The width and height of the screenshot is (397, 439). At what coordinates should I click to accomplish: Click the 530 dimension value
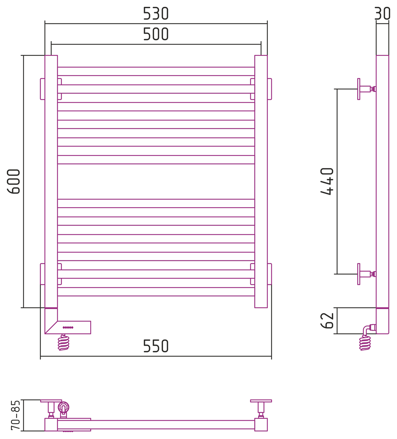[156, 14]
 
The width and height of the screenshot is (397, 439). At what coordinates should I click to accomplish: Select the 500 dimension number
[156, 34]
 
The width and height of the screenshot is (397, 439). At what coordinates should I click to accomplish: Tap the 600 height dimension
[14, 181]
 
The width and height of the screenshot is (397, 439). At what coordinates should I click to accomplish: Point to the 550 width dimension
[156, 346]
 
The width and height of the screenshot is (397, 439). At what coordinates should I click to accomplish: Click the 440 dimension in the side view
[327, 181]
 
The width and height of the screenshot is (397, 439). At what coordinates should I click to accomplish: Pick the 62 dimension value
[327, 321]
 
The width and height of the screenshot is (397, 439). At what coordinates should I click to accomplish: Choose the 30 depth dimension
[382, 14]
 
